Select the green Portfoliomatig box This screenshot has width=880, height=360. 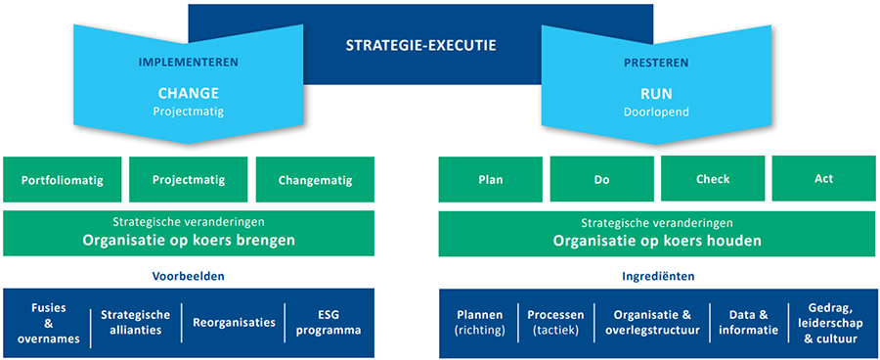63,180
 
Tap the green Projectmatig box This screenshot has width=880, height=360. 189,180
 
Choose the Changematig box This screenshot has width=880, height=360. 316,180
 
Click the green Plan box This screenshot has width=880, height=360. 490,180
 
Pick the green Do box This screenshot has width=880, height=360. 601,180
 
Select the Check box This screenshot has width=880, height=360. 712,180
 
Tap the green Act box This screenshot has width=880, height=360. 823,180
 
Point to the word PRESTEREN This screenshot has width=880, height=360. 655,62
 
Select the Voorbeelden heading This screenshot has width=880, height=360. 189,276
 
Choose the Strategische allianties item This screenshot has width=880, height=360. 136,322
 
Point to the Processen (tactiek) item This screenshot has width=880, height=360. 555,322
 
